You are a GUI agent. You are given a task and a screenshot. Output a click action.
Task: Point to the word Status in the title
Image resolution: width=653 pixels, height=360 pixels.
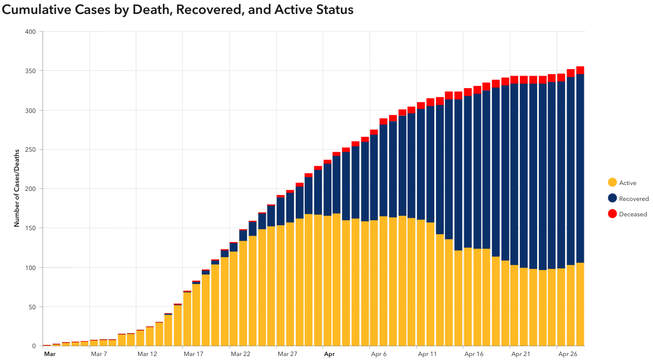click(334, 9)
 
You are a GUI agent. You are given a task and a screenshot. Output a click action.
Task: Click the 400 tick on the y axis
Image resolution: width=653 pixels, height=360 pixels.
click(30, 32)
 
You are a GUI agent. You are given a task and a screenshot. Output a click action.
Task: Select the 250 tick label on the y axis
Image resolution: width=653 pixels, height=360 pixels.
click(30, 150)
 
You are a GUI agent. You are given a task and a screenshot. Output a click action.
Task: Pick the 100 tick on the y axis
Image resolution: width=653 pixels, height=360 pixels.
click(30, 268)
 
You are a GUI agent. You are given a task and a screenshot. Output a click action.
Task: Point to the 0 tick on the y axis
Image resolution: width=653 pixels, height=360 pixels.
click(34, 346)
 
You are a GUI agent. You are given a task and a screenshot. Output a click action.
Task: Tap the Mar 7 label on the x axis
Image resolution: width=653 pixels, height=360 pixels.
click(99, 354)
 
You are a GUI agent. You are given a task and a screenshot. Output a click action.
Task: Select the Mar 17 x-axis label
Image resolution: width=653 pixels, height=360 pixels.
click(193, 354)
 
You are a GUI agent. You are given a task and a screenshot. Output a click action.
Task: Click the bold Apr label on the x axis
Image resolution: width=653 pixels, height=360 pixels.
click(329, 354)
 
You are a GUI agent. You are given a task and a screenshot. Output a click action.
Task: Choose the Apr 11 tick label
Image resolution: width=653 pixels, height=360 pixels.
click(427, 354)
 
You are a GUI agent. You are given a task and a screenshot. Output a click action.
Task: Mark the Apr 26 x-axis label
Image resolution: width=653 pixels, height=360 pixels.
click(567, 354)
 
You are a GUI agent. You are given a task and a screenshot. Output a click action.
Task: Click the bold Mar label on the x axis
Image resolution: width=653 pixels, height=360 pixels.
click(49, 354)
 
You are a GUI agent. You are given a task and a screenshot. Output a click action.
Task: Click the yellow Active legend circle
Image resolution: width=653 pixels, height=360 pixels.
click(612, 183)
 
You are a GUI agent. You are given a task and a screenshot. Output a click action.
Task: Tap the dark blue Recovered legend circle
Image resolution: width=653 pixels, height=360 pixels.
click(612, 198)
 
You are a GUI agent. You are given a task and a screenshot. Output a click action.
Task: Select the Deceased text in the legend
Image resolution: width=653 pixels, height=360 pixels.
click(633, 214)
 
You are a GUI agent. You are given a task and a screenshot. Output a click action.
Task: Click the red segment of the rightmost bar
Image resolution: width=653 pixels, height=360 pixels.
click(580, 70)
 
